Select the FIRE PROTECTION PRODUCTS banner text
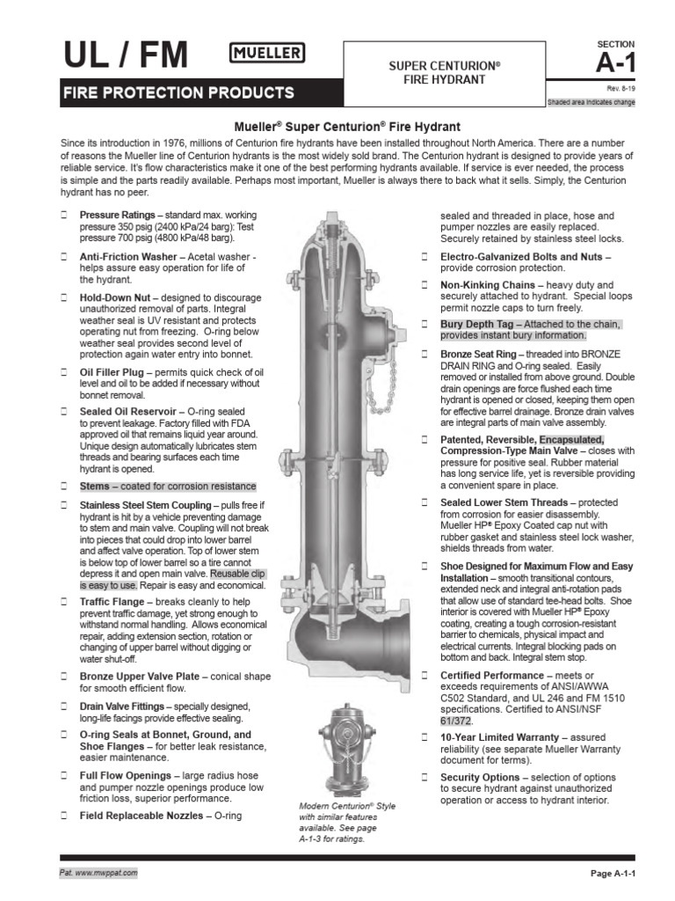177,92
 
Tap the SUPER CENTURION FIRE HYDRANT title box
444,73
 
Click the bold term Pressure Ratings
118,215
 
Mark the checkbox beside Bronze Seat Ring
423,353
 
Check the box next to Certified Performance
423,675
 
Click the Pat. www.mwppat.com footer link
98,872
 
